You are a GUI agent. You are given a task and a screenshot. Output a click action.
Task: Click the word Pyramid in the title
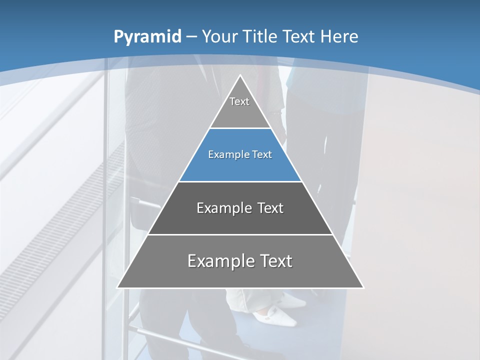[147, 37]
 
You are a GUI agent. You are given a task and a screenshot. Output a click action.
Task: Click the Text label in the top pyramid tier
[239, 102]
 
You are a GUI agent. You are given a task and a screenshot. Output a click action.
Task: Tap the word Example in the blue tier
[225, 155]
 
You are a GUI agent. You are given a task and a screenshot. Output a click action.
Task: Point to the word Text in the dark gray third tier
[270, 208]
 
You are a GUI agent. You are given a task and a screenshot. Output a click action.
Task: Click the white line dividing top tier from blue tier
[240, 128]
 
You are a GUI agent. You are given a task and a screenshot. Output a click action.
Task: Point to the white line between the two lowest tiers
[240, 234]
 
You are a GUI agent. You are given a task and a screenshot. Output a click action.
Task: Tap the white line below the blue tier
[240, 181]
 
